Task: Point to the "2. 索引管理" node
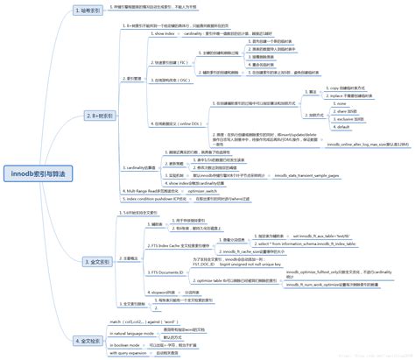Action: point(133,78)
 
